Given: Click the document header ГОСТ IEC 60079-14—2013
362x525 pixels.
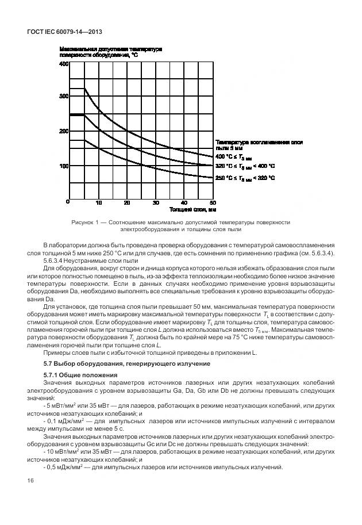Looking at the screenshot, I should (x=60, y=33).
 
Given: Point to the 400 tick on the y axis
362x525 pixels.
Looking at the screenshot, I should (x=64, y=64).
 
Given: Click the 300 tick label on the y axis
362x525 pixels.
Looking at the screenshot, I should (x=64, y=97).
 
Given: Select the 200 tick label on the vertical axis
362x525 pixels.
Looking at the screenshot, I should (x=64, y=131).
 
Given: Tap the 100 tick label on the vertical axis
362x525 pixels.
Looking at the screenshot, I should (x=64, y=166).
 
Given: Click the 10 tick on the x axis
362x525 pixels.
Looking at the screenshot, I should (x=98, y=203).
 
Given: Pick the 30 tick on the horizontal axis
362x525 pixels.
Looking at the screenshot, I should (x=155, y=203).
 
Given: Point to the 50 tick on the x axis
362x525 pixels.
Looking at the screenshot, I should (x=212, y=203).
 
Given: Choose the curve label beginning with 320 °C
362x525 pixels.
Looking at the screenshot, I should (x=245, y=167).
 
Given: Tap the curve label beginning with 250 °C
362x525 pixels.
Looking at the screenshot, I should (x=245, y=178).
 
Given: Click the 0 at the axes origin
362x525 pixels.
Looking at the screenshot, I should (x=68, y=202).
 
